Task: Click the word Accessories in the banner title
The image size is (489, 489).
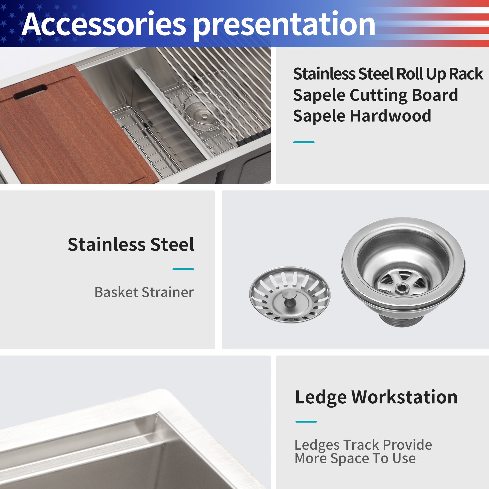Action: point(104,24)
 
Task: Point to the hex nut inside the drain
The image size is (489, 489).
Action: point(401,288)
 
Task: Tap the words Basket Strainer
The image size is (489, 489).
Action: point(144,292)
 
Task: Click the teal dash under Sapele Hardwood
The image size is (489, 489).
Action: point(304,142)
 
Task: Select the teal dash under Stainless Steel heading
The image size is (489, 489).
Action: point(183,269)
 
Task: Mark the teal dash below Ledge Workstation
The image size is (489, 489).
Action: point(306,422)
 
